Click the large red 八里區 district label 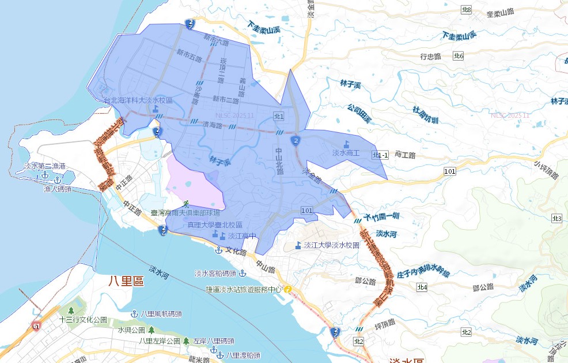pyautogui.click(x=126, y=281)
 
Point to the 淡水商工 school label pyautogui.click(x=346, y=153)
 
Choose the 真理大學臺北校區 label pyautogui.click(x=214, y=224)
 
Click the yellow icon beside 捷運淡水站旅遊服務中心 pyautogui.click(x=286, y=289)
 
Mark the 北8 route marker pyautogui.click(x=467, y=10)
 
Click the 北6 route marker pyautogui.click(x=459, y=55)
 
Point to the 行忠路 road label pyautogui.click(x=430, y=57)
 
